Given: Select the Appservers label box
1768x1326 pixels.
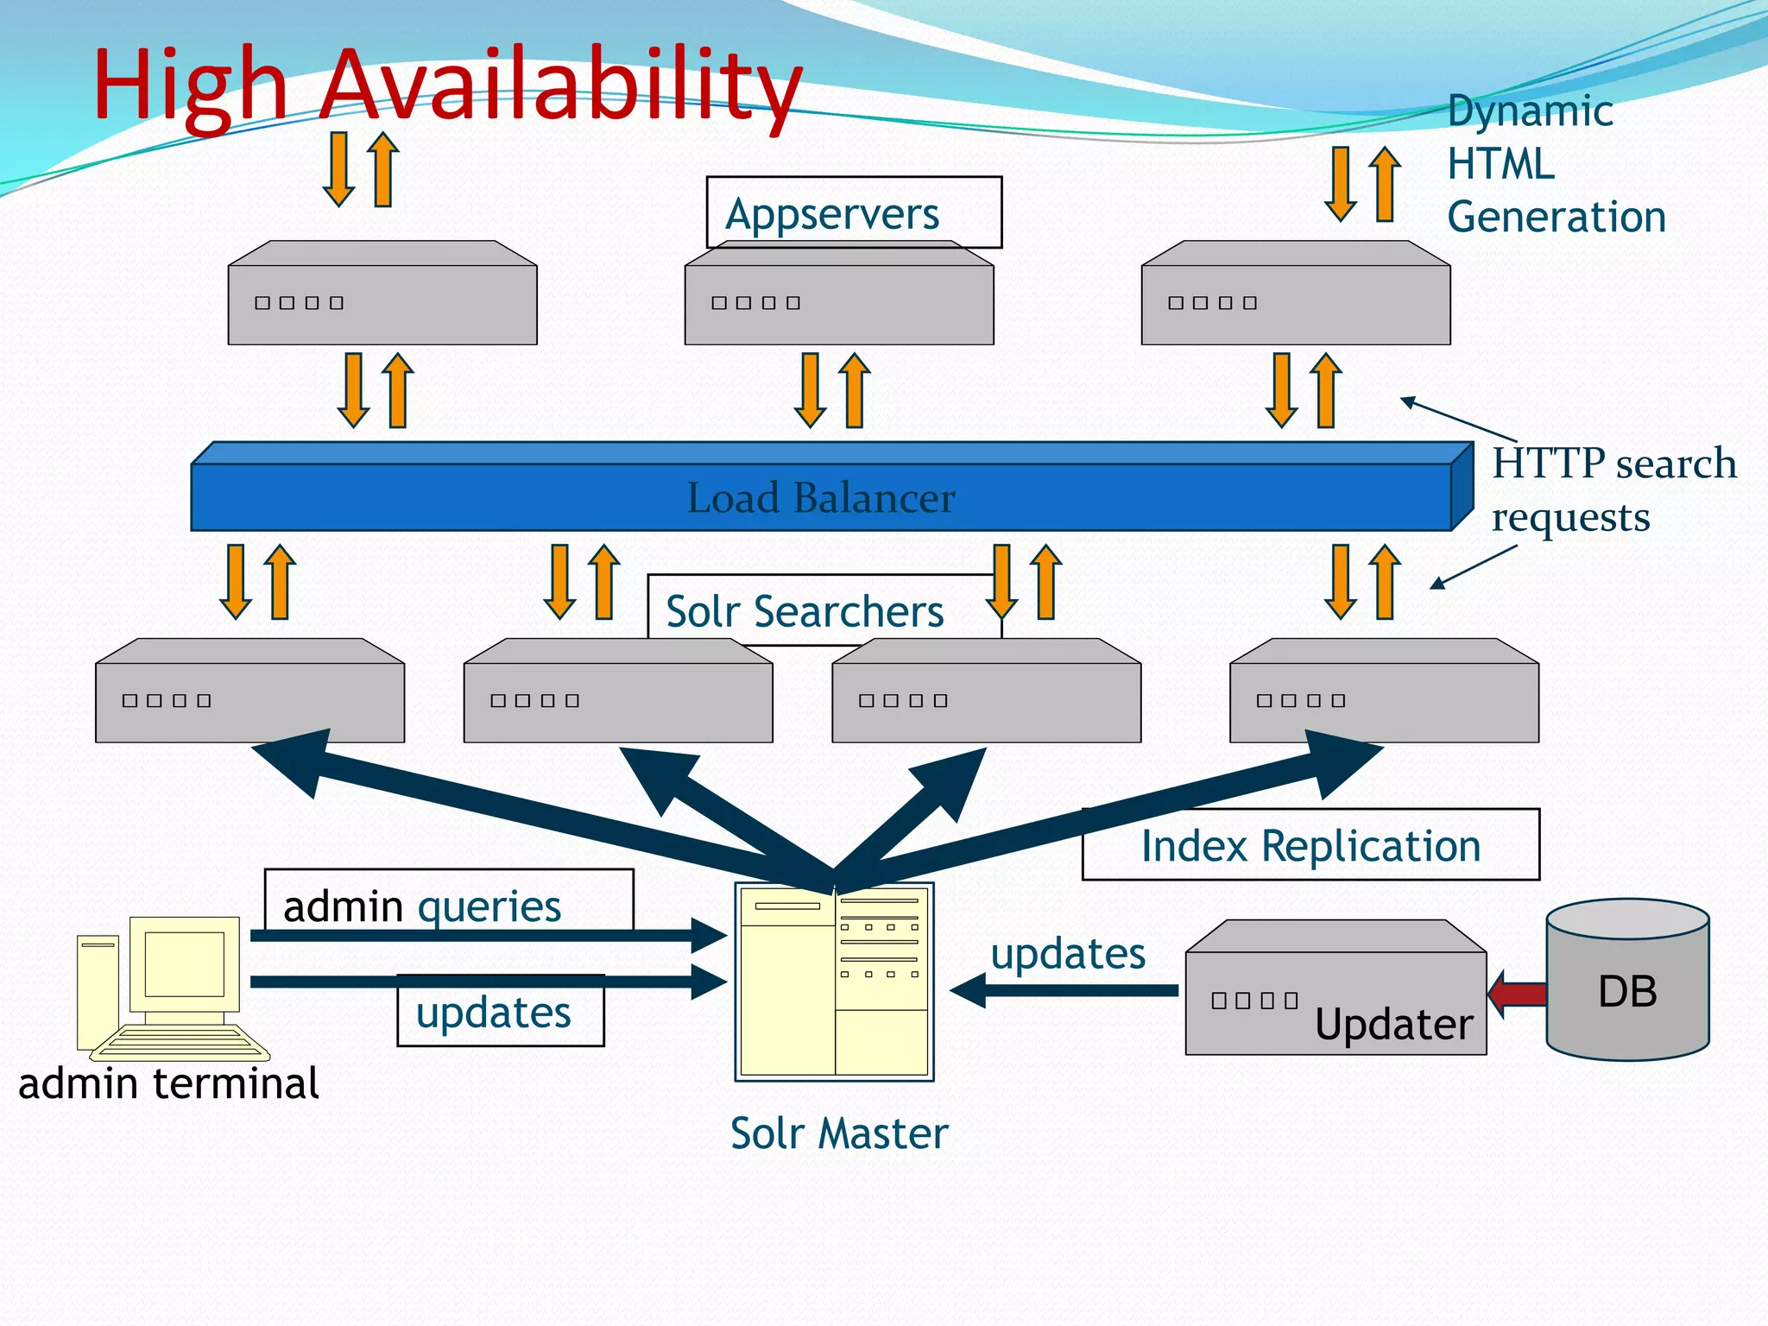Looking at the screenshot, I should [x=853, y=212].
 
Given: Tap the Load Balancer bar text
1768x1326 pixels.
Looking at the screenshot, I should [x=820, y=498].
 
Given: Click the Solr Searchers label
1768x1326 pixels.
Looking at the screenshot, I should [x=805, y=611].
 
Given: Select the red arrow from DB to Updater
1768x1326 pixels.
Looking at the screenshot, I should [x=1518, y=994].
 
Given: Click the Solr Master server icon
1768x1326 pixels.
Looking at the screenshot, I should [x=834, y=982].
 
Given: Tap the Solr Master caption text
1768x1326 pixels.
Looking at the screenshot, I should [x=839, y=1133].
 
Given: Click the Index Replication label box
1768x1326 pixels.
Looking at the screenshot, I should [x=1310, y=845].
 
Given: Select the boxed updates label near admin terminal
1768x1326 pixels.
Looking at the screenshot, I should [x=494, y=1012].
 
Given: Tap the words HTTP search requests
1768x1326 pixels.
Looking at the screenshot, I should [x=1613, y=489].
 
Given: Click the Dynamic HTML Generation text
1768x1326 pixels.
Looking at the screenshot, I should [x=1554, y=164].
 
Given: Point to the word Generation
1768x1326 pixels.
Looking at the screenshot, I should [x=1556, y=217].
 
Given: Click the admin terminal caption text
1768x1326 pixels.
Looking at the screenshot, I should [x=168, y=1083].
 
